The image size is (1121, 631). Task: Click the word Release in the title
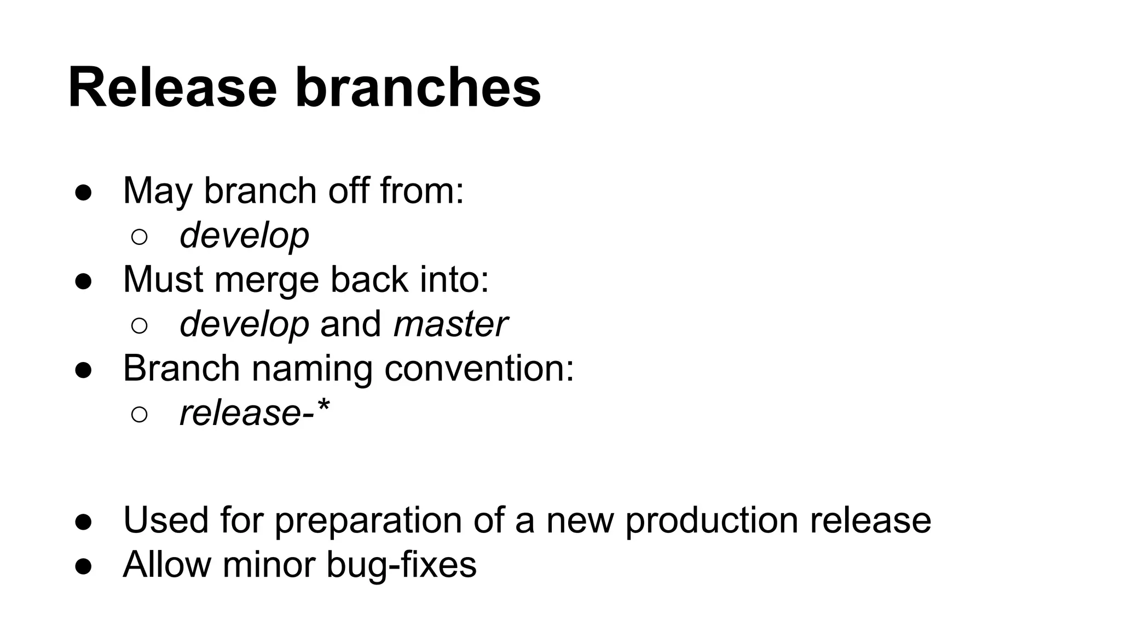[x=172, y=88]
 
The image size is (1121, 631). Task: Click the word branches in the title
[x=418, y=88]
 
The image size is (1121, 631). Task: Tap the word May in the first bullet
[x=158, y=191]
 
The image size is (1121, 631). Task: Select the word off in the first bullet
[x=348, y=191]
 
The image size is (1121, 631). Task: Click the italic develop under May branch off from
[x=244, y=236]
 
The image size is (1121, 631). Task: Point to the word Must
[x=163, y=279]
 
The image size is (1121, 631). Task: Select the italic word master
[x=450, y=324]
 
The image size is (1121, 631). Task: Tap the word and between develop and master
[x=350, y=324]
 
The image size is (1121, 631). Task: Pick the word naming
[x=312, y=369]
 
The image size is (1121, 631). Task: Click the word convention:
[x=479, y=368]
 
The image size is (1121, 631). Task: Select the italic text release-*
[x=255, y=412]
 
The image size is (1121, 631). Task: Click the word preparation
[x=368, y=520]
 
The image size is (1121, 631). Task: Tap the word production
[x=711, y=519]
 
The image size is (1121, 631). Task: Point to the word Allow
[x=166, y=564]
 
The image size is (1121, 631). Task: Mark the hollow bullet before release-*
[x=140, y=415]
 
